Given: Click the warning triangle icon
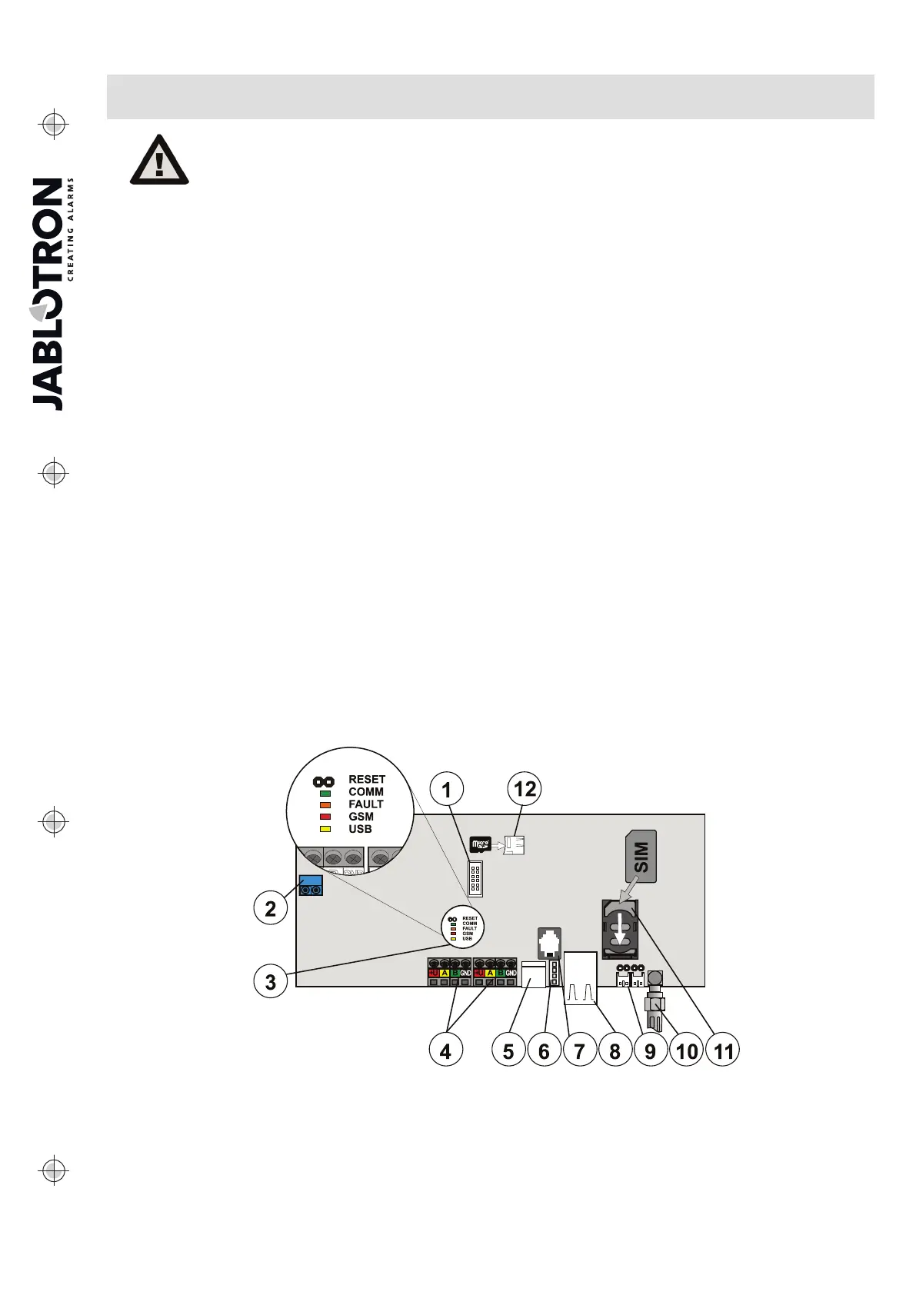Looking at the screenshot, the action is pos(159,160).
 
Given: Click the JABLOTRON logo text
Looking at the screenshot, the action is pos(48,295).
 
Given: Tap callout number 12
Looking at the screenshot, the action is pos(525,789).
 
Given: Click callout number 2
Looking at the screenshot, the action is pos(270,908).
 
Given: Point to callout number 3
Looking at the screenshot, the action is pos(270,981).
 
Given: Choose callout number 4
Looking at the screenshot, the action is pos(446,1050).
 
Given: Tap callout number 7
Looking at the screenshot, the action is pos(579,1050).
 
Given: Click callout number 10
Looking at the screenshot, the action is pos(687,1050).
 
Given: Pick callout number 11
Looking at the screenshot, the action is pos(724,1050).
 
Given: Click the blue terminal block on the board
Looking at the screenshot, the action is pos(311,886).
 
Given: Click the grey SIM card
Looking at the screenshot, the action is pos(642,856).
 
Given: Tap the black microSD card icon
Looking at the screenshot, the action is pos(480,845).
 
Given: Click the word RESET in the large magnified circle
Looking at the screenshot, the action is pos(367,779).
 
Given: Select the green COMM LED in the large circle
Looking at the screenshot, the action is pos(325,792).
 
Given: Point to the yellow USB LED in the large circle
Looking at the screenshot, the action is pos(325,829).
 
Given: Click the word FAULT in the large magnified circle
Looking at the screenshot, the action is pos(366,804).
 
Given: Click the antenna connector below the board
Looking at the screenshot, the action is pos(656,1000).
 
